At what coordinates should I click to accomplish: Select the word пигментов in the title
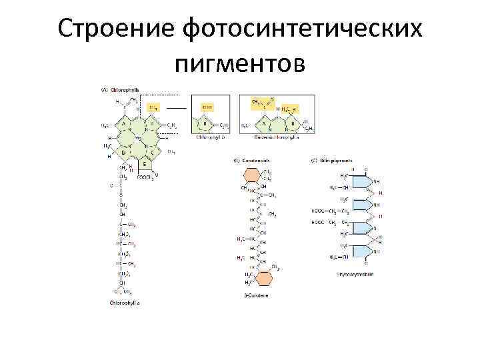(239, 65)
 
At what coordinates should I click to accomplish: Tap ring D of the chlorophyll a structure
(124, 153)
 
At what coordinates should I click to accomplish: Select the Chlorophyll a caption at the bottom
(125, 302)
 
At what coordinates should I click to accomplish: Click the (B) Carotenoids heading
(252, 161)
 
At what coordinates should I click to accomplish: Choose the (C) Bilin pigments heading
(331, 161)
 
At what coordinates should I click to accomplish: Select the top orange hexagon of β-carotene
(253, 175)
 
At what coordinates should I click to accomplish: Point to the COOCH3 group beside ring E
(145, 177)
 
